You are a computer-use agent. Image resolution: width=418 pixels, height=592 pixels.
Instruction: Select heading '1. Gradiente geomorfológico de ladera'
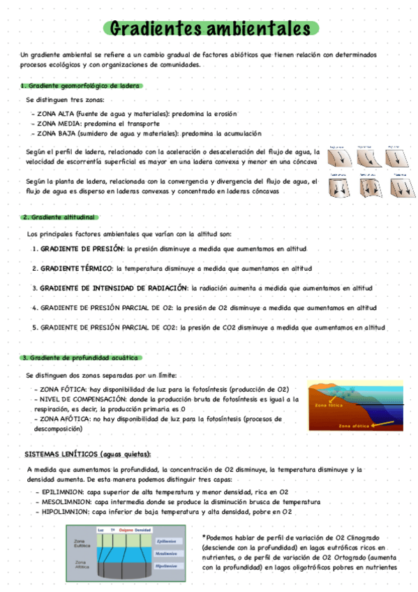[x=80, y=86]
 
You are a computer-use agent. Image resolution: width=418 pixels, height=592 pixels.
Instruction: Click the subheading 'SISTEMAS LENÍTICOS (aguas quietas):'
[x=88, y=454]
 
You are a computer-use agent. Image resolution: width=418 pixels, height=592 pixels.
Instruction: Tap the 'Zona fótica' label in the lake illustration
[x=329, y=405]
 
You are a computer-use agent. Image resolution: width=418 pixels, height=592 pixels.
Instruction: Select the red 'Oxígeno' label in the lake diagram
[x=126, y=529]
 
